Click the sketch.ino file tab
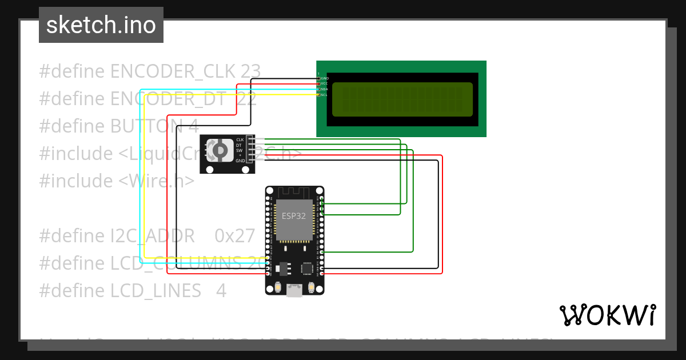[x=101, y=25]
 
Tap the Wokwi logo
[x=607, y=315]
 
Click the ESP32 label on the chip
[x=293, y=216]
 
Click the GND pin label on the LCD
[x=325, y=78]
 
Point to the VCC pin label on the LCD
[x=325, y=83]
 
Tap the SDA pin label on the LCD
[x=325, y=89]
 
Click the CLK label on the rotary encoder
[x=240, y=140]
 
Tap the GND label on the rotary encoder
[x=240, y=161]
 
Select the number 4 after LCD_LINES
[x=221, y=291]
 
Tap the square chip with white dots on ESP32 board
[x=308, y=267]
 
